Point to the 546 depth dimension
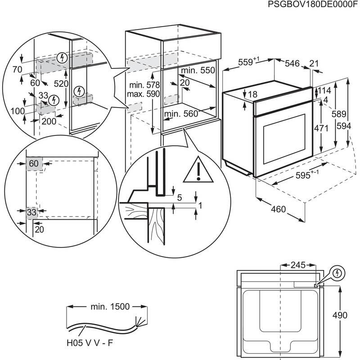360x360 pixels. pyautogui.click(x=292, y=64)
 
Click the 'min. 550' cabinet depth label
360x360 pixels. pyautogui.click(x=198, y=71)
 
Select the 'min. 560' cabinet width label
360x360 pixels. pyautogui.click(x=181, y=114)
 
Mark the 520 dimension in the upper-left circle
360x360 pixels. pyautogui.click(x=60, y=84)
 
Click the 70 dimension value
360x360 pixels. pyautogui.click(x=18, y=69)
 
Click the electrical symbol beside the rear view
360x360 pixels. pyautogui.click(x=337, y=273)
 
